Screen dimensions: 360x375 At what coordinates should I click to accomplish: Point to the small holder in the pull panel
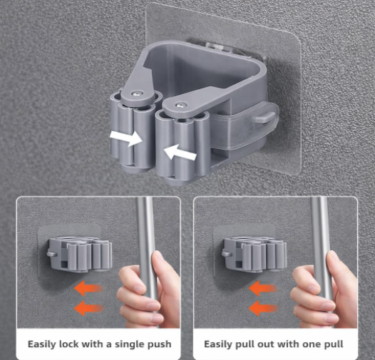(254, 252)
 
